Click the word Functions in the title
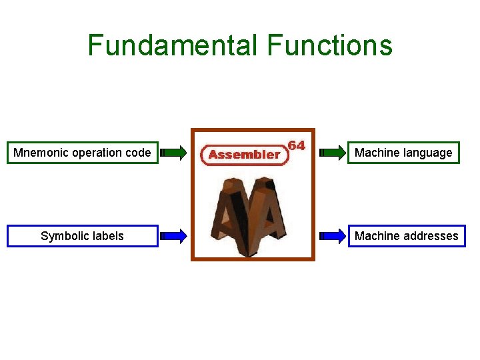point(330,45)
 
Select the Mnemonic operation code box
point(83,153)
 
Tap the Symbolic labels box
point(83,236)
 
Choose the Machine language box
point(403,153)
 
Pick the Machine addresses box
point(407,236)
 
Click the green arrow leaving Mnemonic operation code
point(175,153)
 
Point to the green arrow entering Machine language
point(333,153)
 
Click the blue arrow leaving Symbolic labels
point(175,236)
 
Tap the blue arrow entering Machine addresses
point(333,236)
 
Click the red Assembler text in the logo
point(244,155)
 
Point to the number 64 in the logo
point(296,145)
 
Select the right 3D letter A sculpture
point(270,213)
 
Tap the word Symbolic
point(64,236)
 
